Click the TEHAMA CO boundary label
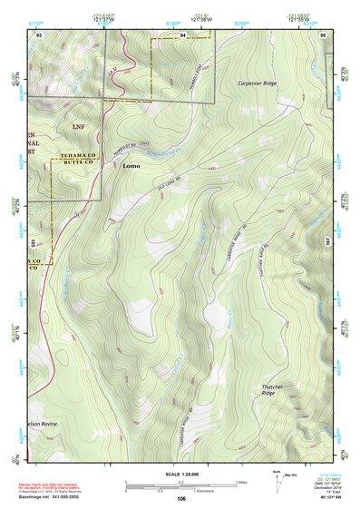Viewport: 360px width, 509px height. point(83,157)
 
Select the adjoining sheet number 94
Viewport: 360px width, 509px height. point(182,34)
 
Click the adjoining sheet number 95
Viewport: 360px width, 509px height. point(324,34)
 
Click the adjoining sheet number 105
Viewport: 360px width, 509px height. point(33,242)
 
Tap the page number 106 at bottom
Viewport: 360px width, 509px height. point(181,498)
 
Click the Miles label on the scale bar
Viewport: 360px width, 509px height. point(240,482)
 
